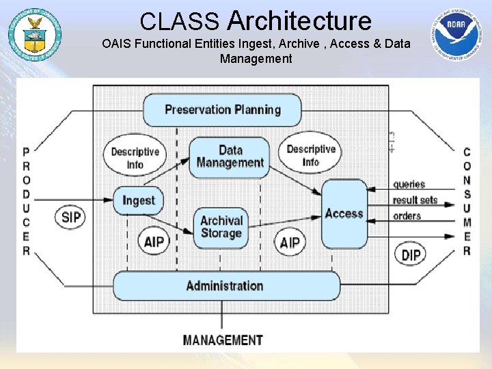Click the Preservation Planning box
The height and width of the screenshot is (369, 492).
222,110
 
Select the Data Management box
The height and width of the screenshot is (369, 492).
230,157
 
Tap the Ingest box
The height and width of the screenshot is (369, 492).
138,201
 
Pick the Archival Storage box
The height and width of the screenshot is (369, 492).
221,227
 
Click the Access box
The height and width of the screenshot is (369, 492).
344,214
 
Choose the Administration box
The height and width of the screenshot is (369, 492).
225,286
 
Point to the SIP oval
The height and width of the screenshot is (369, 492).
71,218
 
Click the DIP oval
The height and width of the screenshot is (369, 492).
411,255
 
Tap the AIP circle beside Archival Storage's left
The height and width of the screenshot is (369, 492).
153,242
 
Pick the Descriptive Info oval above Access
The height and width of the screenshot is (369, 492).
311,156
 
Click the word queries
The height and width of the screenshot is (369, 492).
409,184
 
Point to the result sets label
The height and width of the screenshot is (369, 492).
415,200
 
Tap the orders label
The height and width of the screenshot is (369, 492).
407,216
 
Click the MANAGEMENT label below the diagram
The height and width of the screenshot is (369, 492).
223,340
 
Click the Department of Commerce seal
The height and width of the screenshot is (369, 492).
34,33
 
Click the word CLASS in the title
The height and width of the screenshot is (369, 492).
180,22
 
